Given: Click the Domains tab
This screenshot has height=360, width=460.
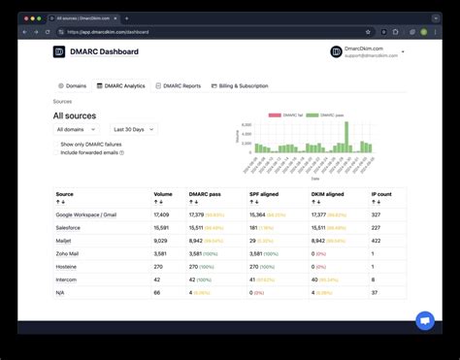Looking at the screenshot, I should (72, 85).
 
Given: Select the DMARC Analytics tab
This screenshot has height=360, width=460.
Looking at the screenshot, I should (121, 85).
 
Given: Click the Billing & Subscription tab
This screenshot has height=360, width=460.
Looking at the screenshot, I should (239, 85).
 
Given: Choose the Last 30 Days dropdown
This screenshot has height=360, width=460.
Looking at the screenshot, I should (134, 129).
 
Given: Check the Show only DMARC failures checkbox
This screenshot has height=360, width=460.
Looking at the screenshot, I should (56, 144).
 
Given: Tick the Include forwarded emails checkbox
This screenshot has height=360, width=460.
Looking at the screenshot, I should (56, 152).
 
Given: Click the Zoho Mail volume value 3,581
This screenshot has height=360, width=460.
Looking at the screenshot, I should (161, 252).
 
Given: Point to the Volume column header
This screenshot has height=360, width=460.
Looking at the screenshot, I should (161, 194).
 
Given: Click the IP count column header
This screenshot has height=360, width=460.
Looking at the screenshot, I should (381, 194).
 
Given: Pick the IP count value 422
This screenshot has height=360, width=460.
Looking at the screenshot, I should (376, 240).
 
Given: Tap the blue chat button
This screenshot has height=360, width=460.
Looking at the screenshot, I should (424, 320).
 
